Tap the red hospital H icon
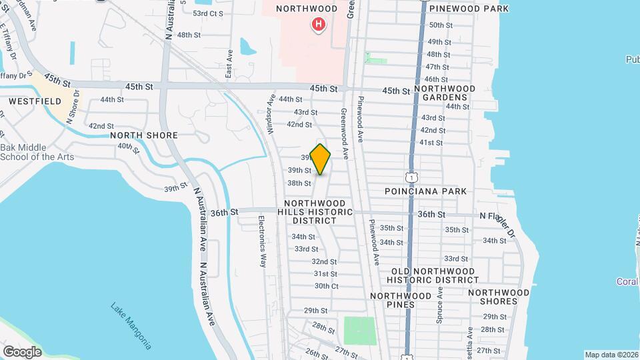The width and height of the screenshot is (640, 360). [319, 25]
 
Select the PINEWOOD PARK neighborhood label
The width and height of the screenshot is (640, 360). [469, 9]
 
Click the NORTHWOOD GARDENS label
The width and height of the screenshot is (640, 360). [445, 93]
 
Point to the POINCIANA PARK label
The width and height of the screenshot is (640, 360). [425, 191]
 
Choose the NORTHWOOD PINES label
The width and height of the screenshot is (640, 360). [401, 300]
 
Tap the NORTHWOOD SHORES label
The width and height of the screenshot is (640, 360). [499, 297]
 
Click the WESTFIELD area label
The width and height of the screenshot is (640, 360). [35, 102]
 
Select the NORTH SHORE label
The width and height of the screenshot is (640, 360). [144, 135]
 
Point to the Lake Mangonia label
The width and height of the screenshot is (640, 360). [131, 326]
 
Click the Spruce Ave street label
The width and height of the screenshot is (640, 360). [439, 305]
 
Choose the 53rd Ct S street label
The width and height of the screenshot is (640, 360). [209, 13]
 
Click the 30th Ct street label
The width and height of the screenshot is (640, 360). [327, 286]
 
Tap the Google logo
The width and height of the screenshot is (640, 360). [21, 352]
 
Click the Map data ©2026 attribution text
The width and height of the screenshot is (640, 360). [611, 355]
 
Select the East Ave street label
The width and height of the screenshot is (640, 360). [229, 63]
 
